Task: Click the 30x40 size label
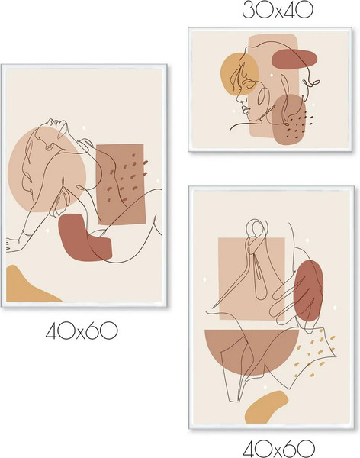tap(278, 10)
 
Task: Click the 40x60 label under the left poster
tap(82, 331)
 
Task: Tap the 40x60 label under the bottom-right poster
tap(278, 449)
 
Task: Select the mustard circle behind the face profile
tap(239, 74)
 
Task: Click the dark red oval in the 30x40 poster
tap(294, 59)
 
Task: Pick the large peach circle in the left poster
tap(47, 169)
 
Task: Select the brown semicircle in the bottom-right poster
tap(252, 350)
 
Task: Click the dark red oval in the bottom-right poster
tap(308, 291)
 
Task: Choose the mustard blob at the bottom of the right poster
tap(265, 408)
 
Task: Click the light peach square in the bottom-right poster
tap(252, 279)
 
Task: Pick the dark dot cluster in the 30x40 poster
tap(299, 126)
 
